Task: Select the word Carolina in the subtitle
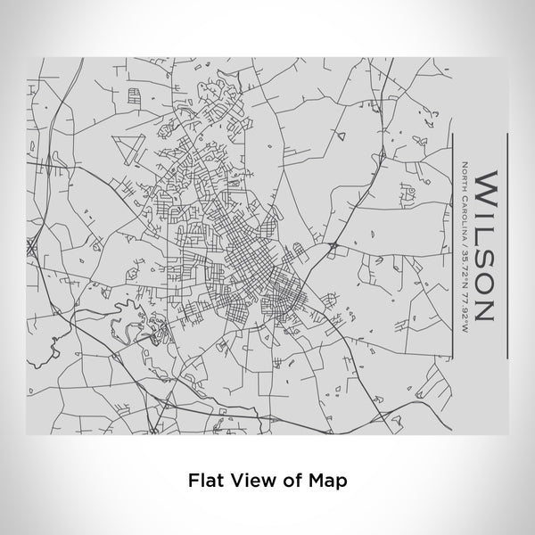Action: [465, 212]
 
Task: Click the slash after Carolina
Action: [465, 237]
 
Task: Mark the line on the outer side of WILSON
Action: [507, 246]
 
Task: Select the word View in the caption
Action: [246, 479]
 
